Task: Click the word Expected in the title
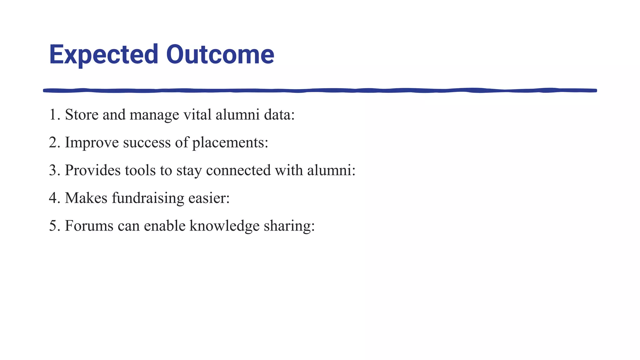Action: pyautogui.click(x=103, y=55)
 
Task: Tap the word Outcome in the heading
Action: pyautogui.click(x=220, y=55)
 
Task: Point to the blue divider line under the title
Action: pyautogui.click(x=320, y=91)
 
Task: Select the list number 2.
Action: pyautogui.click(x=53, y=142)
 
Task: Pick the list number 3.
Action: pyautogui.click(x=53, y=170)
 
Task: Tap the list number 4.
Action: pyautogui.click(x=53, y=198)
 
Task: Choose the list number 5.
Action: pyautogui.click(x=53, y=226)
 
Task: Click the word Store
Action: pyautogui.click(x=82, y=115)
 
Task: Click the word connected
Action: pyautogui.click(x=238, y=170)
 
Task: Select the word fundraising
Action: pyautogui.click(x=148, y=198)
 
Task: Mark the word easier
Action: pyautogui.click(x=209, y=198)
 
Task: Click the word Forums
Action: pyautogui.click(x=89, y=226)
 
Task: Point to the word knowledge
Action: pyautogui.click(x=224, y=226)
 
